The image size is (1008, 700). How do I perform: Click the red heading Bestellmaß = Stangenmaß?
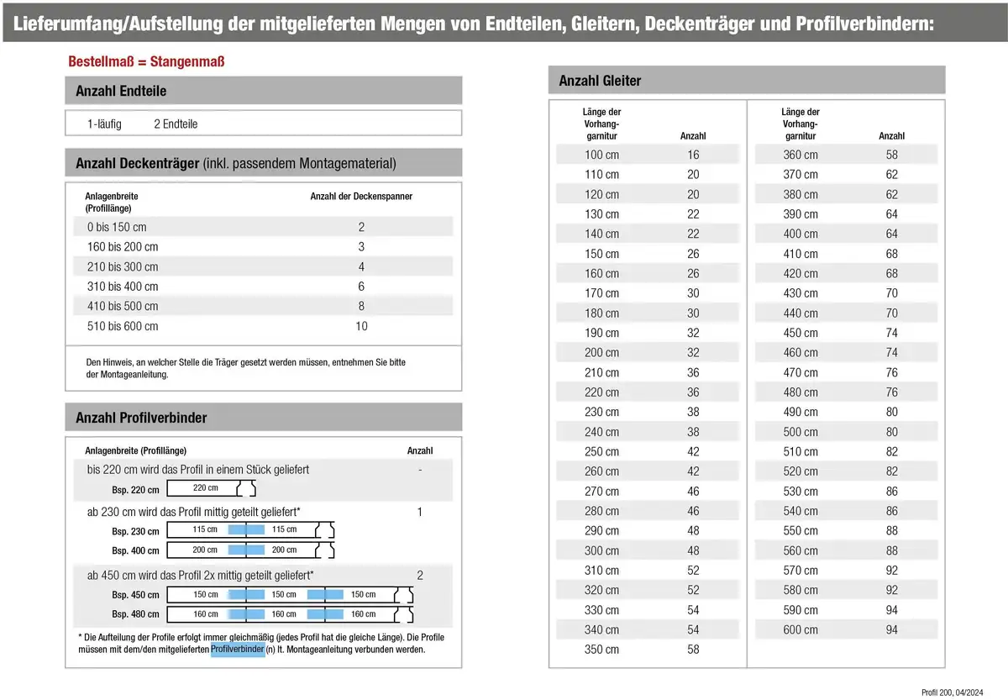pos(145,62)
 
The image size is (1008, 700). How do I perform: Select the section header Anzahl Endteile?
pos(121,91)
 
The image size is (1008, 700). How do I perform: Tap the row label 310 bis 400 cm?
pos(123,287)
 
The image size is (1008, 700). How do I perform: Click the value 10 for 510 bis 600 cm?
pos(361,326)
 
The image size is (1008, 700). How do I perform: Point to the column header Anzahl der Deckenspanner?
pos(361,197)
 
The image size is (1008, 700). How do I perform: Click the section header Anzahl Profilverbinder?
pos(141,418)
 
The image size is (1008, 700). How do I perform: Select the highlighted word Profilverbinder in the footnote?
pos(238,650)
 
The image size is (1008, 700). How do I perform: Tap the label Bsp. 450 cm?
pos(135,595)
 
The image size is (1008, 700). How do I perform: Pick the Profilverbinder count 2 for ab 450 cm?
pos(420,576)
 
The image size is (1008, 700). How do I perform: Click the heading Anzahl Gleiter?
pos(600,81)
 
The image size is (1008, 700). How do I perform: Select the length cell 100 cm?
pos(601,155)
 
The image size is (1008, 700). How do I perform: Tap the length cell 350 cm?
pos(601,650)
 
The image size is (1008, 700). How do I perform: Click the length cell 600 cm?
pos(800,630)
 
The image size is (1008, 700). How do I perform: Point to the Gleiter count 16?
pos(693,155)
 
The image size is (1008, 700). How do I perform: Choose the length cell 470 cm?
pos(800,372)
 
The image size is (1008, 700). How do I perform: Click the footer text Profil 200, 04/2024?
pos(951,692)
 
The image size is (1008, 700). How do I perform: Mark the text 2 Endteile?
pos(176,124)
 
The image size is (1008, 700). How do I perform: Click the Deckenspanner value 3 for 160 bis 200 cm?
pos(361,247)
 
